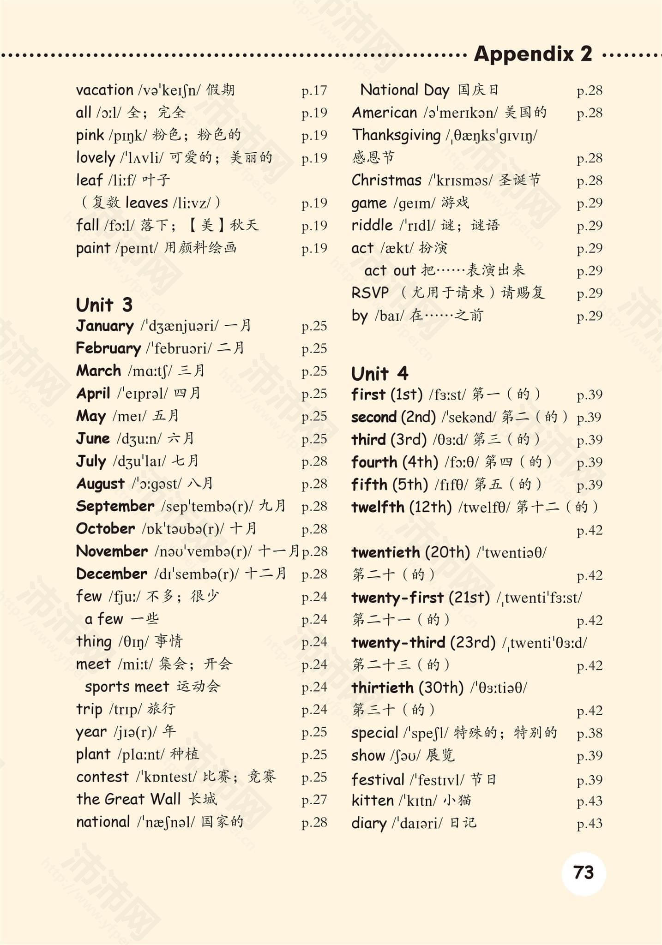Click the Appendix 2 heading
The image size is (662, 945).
(533, 54)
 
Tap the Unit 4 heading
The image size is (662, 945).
(379, 373)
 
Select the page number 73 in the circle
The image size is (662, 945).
(583, 873)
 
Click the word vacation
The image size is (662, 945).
(104, 90)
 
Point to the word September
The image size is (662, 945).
(115, 506)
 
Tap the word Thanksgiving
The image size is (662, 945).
(396, 135)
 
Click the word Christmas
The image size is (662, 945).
(386, 180)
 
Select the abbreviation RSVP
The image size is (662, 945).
(370, 293)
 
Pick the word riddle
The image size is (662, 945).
(372, 225)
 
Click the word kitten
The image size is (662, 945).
(372, 801)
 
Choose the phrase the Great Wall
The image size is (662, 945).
(128, 799)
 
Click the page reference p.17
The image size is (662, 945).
(314, 90)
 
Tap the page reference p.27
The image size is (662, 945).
(314, 800)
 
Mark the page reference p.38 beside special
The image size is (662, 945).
(590, 733)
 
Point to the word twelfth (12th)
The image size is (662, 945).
(401, 507)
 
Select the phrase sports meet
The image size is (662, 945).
(126, 687)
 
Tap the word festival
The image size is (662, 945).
(378, 780)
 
